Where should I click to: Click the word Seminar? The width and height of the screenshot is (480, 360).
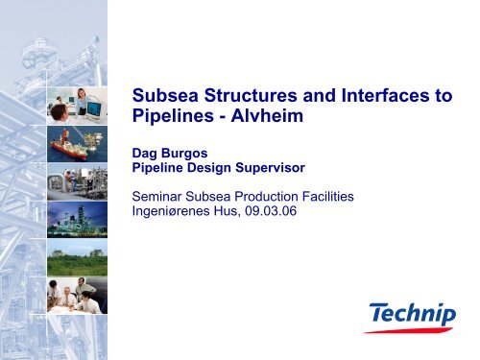(x=158, y=196)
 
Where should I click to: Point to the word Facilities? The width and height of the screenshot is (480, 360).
(x=324, y=196)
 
